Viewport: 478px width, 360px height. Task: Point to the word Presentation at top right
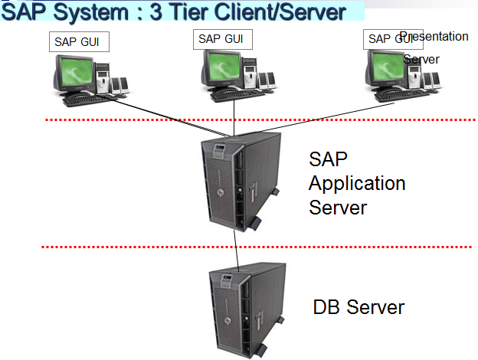point(435,36)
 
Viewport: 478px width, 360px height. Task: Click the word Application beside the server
point(356,184)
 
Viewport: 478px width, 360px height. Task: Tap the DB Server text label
point(358,307)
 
